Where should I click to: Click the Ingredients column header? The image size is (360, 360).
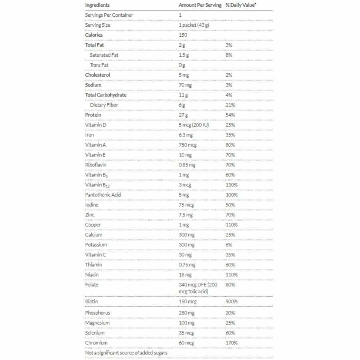[97, 5]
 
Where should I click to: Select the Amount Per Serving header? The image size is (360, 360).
[200, 5]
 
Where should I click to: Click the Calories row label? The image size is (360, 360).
[94, 35]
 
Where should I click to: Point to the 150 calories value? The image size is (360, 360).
[183, 35]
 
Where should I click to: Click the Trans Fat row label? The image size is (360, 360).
[99, 65]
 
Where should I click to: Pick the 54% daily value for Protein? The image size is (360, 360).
[230, 115]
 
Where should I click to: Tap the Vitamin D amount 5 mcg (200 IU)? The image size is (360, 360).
[194, 125]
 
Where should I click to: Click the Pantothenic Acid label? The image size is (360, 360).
[103, 195]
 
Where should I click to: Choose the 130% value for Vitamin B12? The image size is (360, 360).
[231, 185]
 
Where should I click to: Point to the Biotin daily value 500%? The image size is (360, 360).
[231, 302]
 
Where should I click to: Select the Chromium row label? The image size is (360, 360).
[96, 343]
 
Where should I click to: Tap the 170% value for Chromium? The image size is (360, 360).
[231, 343]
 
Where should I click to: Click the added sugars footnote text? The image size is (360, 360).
[126, 353]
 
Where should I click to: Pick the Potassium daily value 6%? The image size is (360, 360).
[229, 245]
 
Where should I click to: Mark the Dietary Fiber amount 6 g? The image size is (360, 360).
[182, 105]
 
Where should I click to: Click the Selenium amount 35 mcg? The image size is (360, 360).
[186, 333]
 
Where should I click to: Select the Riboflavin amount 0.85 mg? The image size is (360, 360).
[187, 165]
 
